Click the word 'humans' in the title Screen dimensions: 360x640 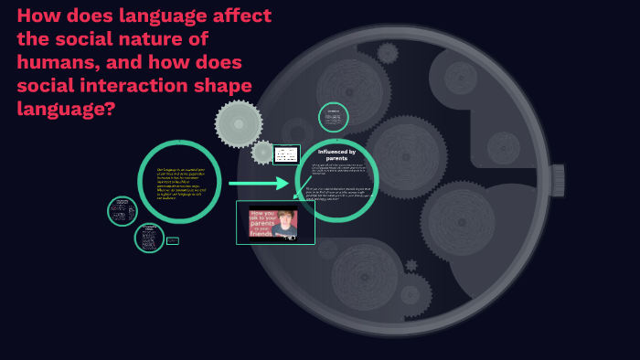tap(54, 63)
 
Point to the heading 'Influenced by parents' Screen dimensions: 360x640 tap(336, 154)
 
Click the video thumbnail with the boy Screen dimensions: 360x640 tap(275, 222)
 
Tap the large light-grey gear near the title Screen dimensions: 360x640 tap(239, 123)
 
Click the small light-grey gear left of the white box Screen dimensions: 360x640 tap(263, 153)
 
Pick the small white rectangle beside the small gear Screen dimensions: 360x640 tap(286, 154)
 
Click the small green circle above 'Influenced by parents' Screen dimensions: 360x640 tap(334, 117)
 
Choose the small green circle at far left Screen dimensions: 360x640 tap(122, 211)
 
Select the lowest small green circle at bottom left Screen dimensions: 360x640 tap(149, 238)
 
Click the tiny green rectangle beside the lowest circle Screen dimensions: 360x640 tap(173, 241)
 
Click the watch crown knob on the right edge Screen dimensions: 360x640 tap(557, 180)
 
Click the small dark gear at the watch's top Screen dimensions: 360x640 tap(388, 52)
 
